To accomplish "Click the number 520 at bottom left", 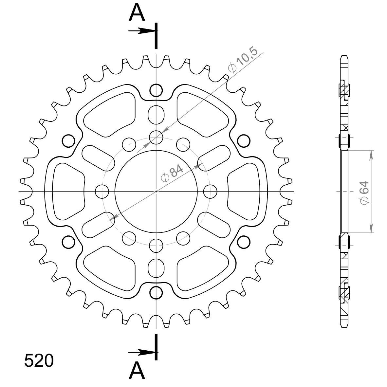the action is (39, 360).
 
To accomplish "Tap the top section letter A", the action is (137, 12).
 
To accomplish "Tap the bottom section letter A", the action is (137, 371).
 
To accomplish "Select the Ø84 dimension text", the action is (172, 173).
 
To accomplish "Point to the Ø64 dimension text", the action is (364, 193).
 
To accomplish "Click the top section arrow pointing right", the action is (142, 31).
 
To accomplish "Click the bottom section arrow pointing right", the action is (142, 353).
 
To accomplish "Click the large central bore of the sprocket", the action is (156, 192).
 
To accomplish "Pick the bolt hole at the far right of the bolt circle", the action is (210, 192).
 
